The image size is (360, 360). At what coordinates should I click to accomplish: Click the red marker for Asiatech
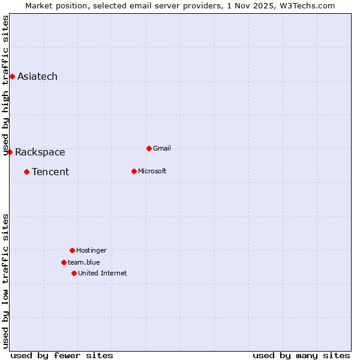(12, 76)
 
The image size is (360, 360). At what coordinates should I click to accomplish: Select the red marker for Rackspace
(10, 152)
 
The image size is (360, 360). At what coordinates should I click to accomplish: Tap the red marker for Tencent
(26, 172)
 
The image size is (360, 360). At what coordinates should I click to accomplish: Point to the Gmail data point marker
(149, 148)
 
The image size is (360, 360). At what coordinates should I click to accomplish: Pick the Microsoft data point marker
(134, 171)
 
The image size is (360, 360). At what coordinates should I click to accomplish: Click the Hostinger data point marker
(72, 250)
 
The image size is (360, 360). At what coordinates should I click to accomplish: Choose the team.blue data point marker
(64, 262)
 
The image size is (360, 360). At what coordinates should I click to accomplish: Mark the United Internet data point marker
(74, 273)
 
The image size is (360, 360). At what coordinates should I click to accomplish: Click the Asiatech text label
(37, 76)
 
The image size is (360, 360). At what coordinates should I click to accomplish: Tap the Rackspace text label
(40, 152)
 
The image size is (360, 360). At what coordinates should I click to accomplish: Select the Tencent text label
(50, 172)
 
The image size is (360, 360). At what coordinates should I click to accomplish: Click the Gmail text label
(161, 148)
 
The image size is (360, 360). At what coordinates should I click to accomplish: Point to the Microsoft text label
(152, 171)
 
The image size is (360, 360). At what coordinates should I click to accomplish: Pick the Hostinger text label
(91, 250)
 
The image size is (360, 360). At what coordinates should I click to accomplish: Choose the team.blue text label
(83, 262)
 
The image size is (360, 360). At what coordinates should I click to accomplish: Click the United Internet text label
(102, 273)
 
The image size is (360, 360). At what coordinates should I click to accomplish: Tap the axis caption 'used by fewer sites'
(62, 355)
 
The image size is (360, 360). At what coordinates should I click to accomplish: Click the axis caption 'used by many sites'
(301, 355)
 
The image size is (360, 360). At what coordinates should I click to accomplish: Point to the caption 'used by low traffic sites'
(6, 281)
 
